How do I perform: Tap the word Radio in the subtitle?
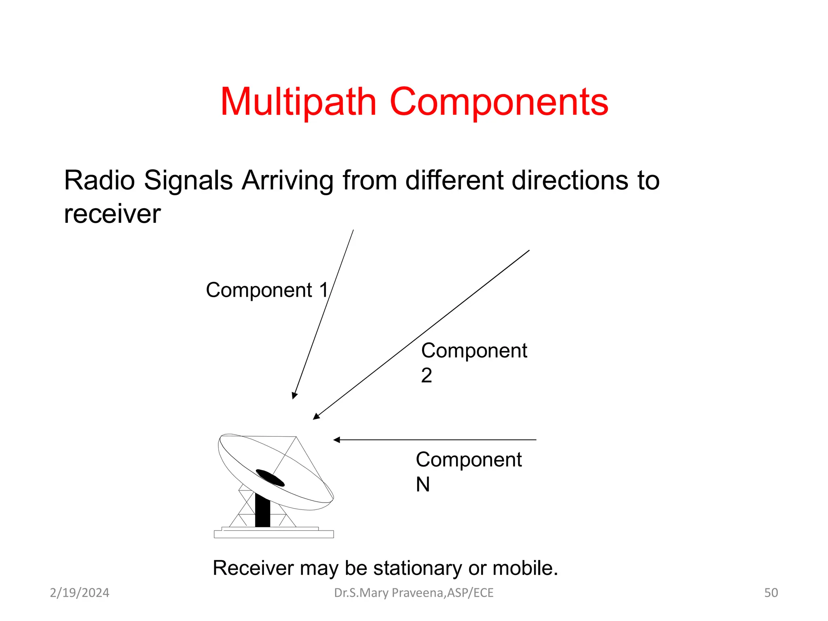pos(99,180)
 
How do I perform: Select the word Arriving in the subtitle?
pos(287,180)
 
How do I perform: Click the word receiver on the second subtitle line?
pos(112,214)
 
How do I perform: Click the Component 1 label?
pos(267,290)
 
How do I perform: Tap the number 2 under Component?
pos(427,375)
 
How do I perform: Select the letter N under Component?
pos(423,484)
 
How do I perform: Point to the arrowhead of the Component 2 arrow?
pos(316,417)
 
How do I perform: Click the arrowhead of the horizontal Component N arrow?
pos(337,440)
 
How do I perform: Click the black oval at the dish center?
pos(270,478)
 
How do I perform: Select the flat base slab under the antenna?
pos(274,534)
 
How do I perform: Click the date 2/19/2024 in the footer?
pos(80,593)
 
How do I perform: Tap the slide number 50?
pos(771,593)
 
